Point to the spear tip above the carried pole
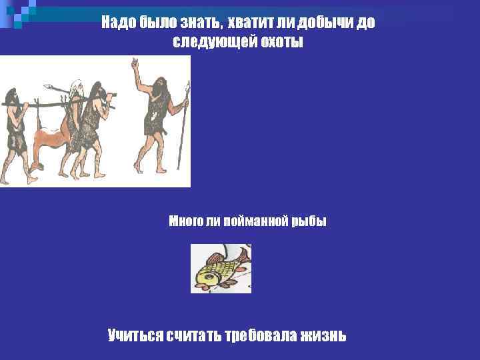[49, 86]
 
